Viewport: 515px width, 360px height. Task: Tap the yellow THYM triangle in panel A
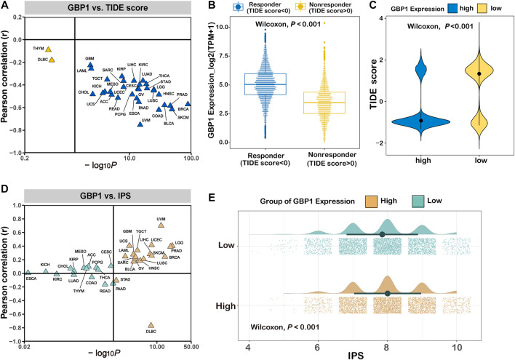click(49, 49)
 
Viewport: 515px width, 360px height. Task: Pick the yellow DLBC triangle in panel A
click(52, 60)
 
